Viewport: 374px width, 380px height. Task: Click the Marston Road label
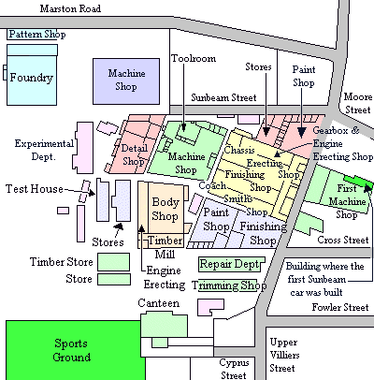[x=70, y=8]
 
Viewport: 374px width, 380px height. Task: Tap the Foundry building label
[x=32, y=78]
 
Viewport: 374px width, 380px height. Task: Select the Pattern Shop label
[x=37, y=34]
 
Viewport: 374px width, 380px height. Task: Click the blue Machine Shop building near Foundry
[x=126, y=81]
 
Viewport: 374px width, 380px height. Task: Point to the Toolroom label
[x=194, y=58]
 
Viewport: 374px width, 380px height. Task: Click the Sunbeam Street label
[x=223, y=97]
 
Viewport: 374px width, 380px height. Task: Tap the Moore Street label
[x=358, y=103]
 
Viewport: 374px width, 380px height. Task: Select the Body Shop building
[x=165, y=209]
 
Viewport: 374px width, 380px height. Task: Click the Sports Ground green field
[x=75, y=350]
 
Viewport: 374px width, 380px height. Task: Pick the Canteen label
[x=159, y=303]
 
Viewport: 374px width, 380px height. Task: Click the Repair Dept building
[x=232, y=264]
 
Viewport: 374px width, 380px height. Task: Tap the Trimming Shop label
[x=229, y=285]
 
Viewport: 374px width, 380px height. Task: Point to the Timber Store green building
[x=113, y=262]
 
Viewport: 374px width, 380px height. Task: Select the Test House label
[x=35, y=189]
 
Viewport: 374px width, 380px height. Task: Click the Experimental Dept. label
[x=44, y=150]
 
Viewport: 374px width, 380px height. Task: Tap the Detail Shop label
[x=134, y=154]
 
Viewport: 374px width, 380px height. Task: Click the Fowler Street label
[x=340, y=307]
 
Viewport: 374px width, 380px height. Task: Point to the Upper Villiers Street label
[x=284, y=355]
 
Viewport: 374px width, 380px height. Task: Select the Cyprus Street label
[x=234, y=369]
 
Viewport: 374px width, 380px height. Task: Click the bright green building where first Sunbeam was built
[x=358, y=182]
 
